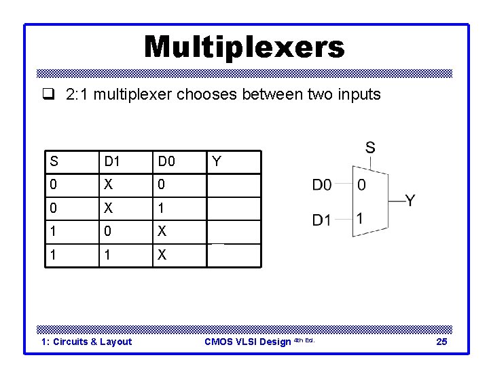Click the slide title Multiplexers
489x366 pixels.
[x=244, y=47]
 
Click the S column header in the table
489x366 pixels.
[x=54, y=161]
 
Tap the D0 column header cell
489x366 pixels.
[x=166, y=161]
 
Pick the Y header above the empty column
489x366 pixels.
[x=217, y=161]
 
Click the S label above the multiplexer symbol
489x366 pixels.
[x=370, y=147]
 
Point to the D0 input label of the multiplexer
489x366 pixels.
[x=322, y=184]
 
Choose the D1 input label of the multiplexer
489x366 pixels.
[x=322, y=220]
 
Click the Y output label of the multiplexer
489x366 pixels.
[x=410, y=201]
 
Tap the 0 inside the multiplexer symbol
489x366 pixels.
[x=361, y=184]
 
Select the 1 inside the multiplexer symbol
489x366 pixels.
[x=361, y=218]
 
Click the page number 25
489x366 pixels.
[x=441, y=342]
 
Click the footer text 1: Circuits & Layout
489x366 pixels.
[x=87, y=342]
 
